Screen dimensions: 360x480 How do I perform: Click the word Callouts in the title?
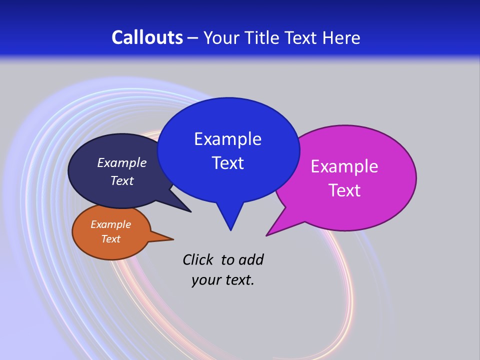(147, 37)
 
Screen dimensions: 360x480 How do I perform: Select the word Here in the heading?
(341, 37)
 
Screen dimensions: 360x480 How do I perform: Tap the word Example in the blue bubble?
(227, 139)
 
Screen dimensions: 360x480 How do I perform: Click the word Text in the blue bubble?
(227, 163)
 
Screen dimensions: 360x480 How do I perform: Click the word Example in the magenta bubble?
(344, 166)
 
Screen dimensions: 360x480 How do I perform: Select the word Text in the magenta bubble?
(344, 190)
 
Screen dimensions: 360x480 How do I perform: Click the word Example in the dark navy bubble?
(122, 163)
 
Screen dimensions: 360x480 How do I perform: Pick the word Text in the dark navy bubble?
(122, 181)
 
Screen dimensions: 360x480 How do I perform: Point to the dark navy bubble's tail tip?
(190, 211)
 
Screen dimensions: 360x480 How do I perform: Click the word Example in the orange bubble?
(110, 224)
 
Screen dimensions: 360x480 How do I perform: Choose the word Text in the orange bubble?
(110, 239)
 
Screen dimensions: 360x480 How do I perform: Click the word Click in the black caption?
(198, 259)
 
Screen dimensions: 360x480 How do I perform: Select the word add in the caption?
(251, 259)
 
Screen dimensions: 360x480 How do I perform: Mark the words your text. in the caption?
(223, 280)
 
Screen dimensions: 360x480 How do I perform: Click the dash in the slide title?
(193, 38)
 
